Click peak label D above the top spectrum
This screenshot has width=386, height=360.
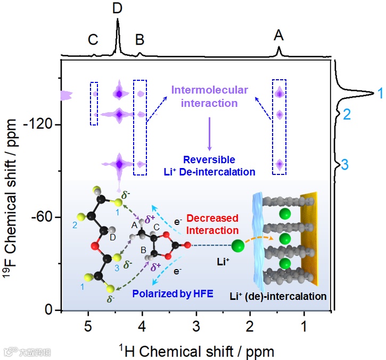118,9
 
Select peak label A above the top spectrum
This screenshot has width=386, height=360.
279,35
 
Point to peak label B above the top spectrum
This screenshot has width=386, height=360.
140,40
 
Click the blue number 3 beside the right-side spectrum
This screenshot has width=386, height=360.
344,165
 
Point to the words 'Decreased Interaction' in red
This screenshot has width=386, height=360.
213,224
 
